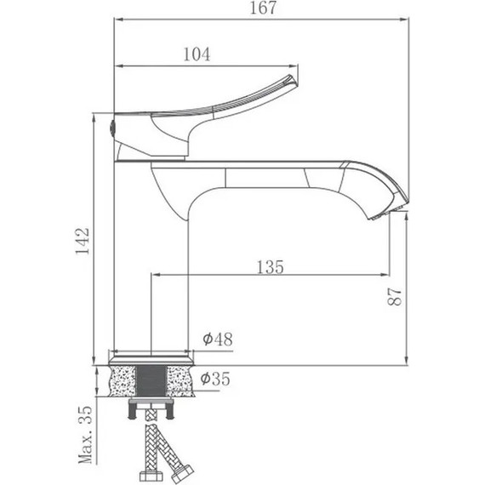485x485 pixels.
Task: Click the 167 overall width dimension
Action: pyautogui.click(x=263, y=8)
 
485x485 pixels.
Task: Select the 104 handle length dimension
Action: pyautogui.click(x=197, y=54)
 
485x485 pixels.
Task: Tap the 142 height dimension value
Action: pyautogui.click(x=83, y=241)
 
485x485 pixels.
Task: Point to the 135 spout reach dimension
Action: pyautogui.click(x=270, y=267)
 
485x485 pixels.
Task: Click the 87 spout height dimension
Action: pyautogui.click(x=395, y=297)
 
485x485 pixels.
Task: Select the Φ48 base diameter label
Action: pyautogui.click(x=218, y=339)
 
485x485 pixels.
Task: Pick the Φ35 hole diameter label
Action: pyautogui.click(x=215, y=379)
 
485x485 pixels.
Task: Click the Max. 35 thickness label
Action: pyautogui.click(x=85, y=435)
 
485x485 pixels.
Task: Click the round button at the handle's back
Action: pyautogui.click(x=113, y=127)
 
